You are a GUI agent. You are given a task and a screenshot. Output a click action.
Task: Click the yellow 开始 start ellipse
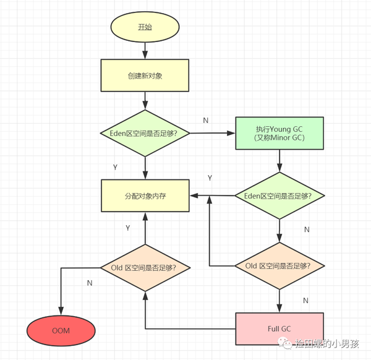[x=145, y=27]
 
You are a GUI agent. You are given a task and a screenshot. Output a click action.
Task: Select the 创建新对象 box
[x=145, y=75]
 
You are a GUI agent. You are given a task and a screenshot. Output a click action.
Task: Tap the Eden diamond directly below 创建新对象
[x=145, y=133]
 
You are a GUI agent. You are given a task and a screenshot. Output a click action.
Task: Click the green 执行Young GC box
[x=279, y=133]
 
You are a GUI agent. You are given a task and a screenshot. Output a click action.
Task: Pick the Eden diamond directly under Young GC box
[x=279, y=195]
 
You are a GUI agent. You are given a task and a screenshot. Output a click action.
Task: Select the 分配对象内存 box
[x=145, y=195]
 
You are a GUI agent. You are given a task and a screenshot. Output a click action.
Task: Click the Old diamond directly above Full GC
[x=279, y=266]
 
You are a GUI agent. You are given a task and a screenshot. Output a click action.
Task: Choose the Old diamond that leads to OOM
[x=145, y=268]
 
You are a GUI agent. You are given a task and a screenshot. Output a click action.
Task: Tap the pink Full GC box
[x=279, y=328]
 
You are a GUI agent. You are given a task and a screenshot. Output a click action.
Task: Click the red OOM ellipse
[x=61, y=331]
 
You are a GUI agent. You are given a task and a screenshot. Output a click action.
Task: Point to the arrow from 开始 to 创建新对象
[x=145, y=51]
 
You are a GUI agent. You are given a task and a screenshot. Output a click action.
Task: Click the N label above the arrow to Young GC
[x=206, y=121]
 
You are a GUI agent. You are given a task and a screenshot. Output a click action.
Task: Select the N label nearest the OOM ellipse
[x=90, y=283]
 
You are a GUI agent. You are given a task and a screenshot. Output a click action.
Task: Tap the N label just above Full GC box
[x=305, y=301]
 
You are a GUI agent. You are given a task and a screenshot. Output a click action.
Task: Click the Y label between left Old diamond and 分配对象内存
[x=128, y=228]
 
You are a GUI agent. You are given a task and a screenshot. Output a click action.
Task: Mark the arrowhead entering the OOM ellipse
[x=61, y=311]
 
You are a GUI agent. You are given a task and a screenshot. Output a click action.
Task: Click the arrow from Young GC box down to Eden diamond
[x=279, y=161]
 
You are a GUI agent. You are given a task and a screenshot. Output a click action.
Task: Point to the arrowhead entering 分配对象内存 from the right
[x=194, y=195]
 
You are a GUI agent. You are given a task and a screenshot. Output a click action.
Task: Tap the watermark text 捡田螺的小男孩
[x=327, y=344]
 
